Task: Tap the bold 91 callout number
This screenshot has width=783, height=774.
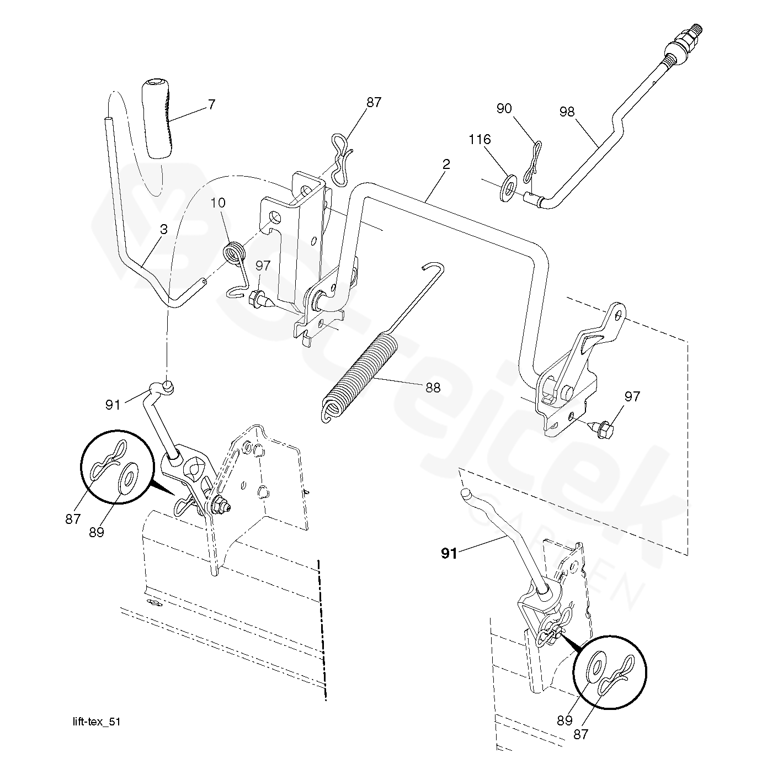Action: point(449,554)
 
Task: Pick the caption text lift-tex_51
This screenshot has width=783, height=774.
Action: point(97,722)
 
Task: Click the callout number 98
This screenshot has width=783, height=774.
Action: point(567,112)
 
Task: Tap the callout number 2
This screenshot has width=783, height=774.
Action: point(446,165)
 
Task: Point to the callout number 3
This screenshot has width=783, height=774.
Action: point(164,230)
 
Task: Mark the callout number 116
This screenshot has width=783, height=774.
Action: point(480,140)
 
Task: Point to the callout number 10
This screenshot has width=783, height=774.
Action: point(218,203)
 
